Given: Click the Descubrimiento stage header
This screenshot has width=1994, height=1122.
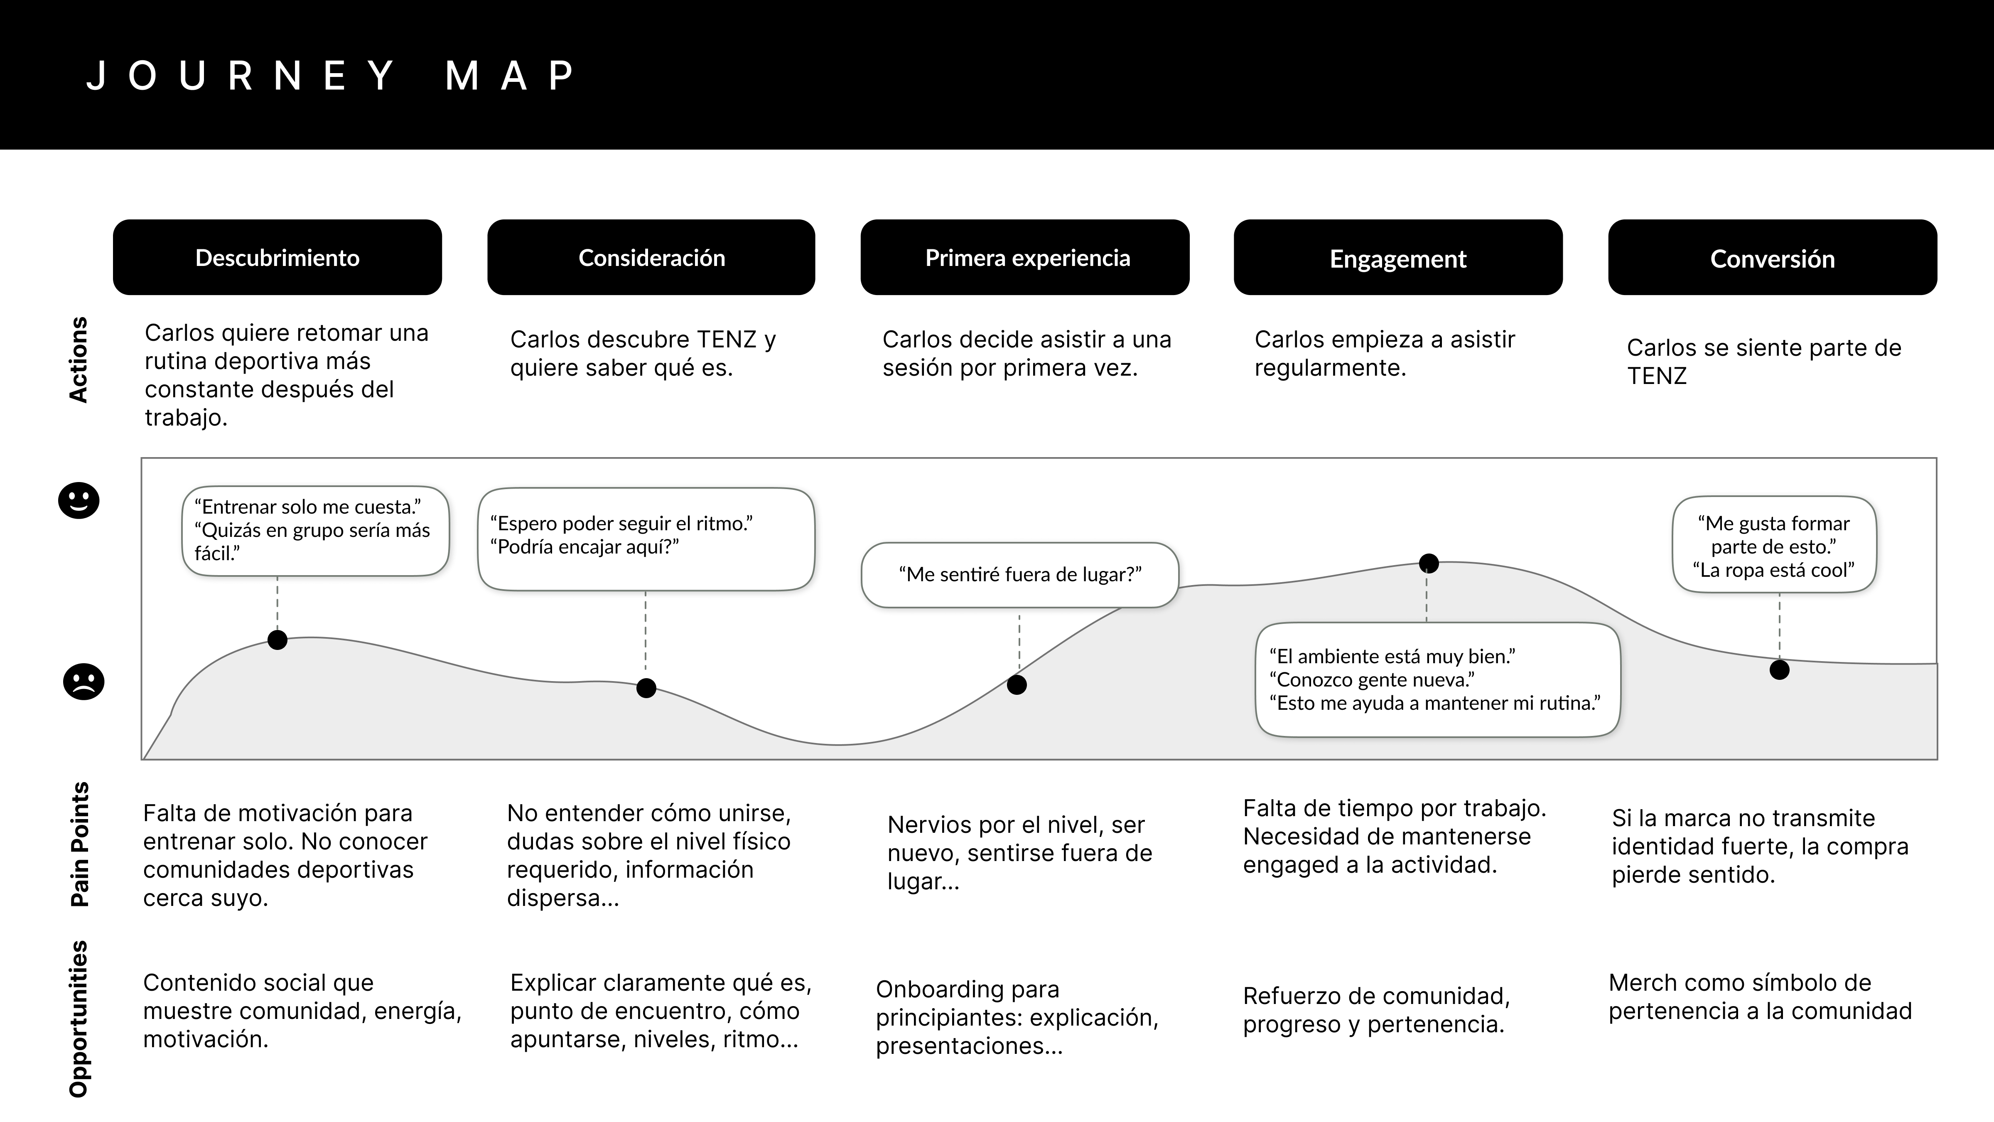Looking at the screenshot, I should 277,257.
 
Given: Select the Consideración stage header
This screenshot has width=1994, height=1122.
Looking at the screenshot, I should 651,257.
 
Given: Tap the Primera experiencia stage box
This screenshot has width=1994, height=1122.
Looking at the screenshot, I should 1025,257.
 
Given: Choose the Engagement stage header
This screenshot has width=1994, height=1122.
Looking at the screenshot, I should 1398,257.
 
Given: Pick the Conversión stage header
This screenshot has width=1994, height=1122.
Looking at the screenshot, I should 1772,257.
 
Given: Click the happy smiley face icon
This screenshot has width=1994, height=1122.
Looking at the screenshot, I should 79,500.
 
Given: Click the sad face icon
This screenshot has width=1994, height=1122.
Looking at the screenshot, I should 83,682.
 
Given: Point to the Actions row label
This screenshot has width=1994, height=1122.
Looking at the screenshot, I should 78,359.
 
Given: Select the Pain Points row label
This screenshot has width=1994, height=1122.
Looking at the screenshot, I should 80,844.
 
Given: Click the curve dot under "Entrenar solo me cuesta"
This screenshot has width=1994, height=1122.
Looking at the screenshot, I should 277,640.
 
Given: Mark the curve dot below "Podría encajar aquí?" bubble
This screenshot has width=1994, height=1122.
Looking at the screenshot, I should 646,688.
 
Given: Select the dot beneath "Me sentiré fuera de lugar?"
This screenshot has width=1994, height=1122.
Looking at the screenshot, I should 1017,684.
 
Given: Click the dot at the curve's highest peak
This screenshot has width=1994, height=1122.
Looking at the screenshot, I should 1428,563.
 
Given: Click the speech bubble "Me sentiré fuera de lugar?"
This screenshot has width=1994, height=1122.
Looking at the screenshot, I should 1019,575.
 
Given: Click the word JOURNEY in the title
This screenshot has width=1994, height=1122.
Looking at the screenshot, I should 241,76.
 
